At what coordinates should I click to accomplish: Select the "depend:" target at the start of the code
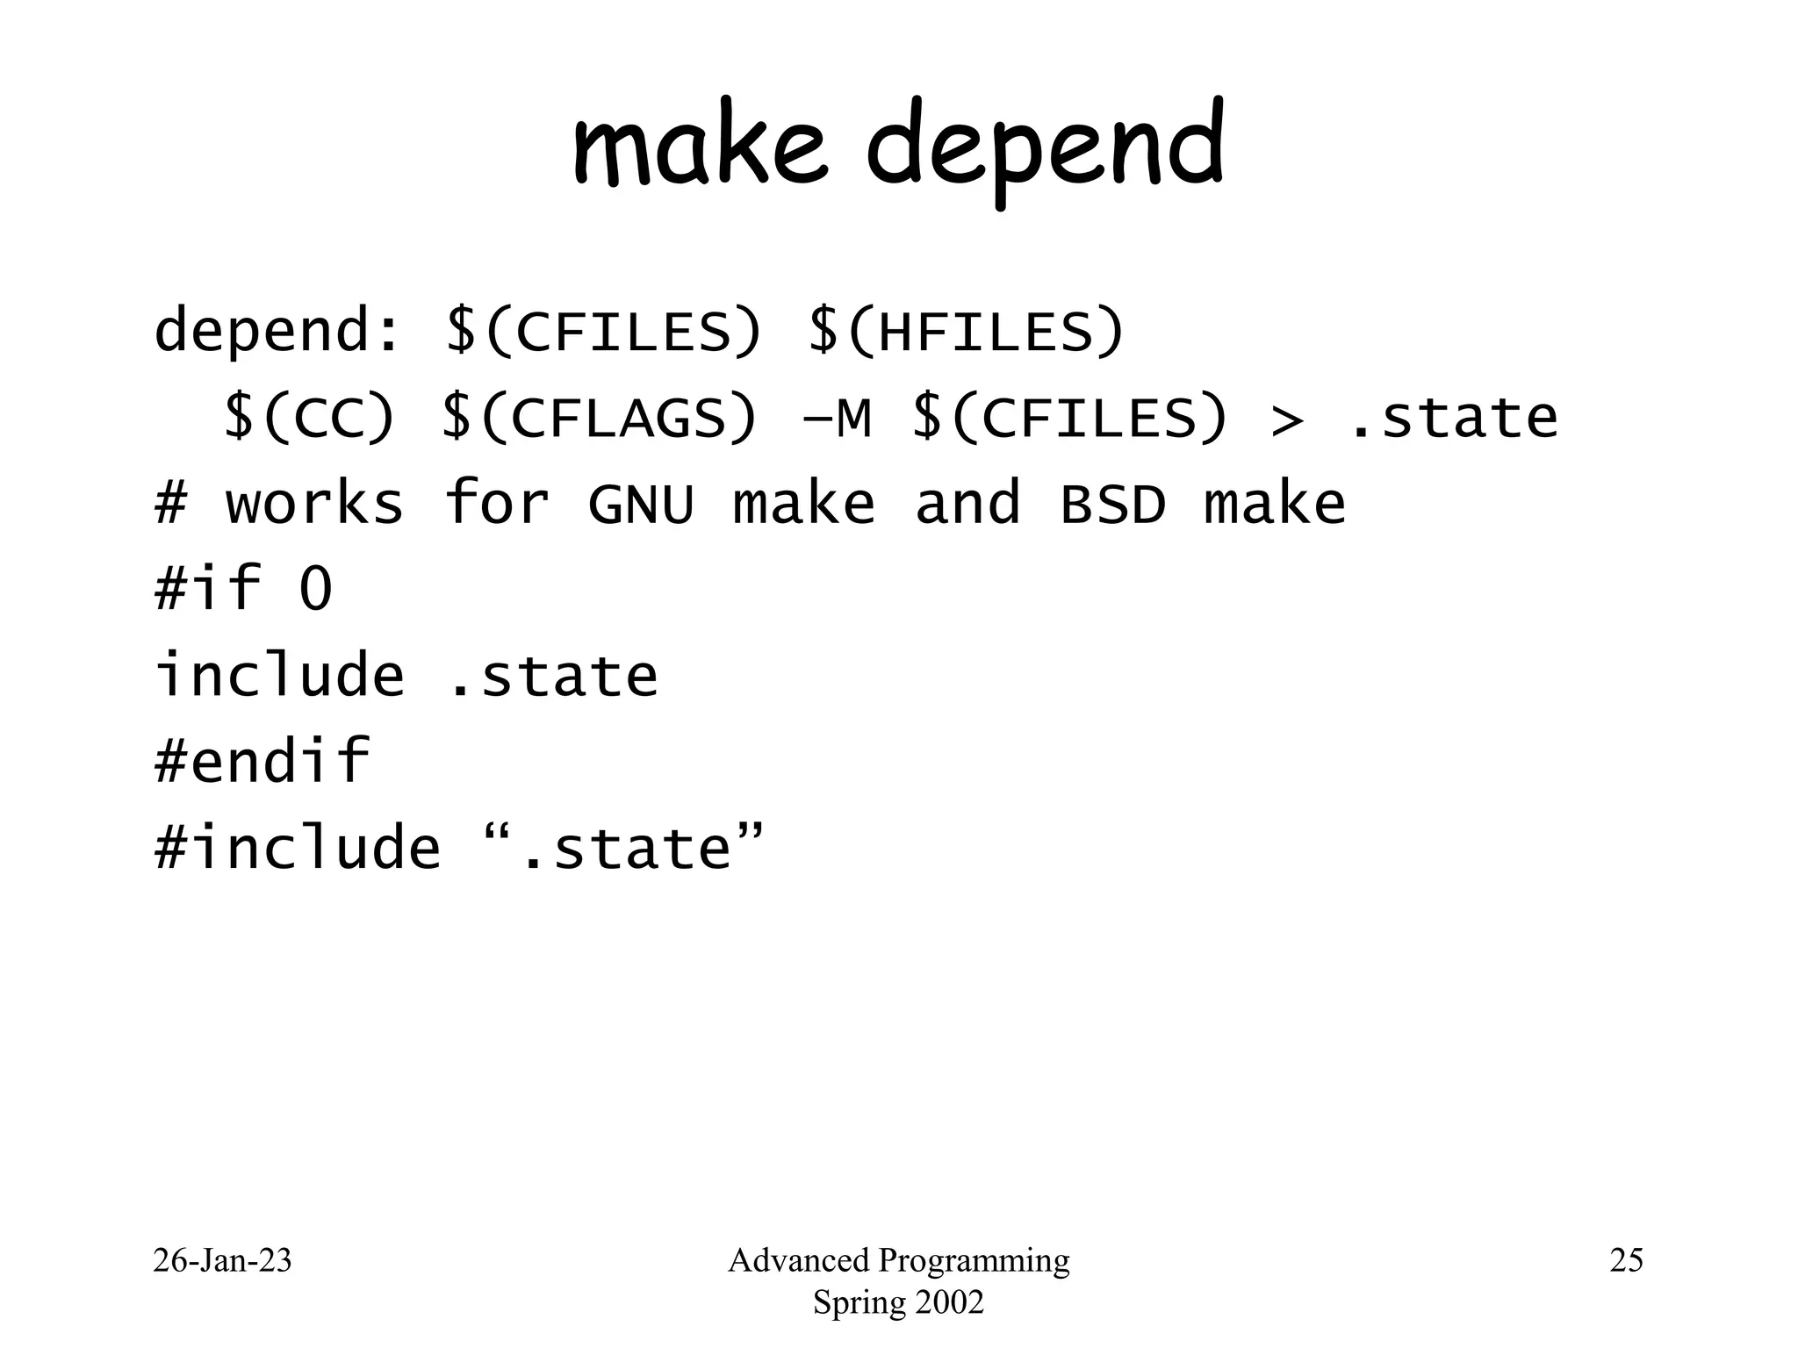click(277, 331)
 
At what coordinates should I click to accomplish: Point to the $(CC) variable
click(309, 418)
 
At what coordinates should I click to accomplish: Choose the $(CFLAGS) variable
click(599, 418)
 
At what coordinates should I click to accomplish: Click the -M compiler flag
click(837, 418)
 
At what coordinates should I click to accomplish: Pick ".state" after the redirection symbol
click(1453, 418)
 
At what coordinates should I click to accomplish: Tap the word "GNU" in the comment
click(641, 505)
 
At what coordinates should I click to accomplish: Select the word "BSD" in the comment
click(1113, 505)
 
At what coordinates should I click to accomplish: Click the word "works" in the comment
click(314, 505)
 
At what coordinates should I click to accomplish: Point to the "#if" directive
click(208, 588)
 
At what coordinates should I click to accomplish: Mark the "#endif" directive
click(262, 760)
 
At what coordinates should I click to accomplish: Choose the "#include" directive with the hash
click(297, 848)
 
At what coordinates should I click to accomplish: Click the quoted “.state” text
click(624, 846)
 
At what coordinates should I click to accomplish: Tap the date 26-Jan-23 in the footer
click(222, 1261)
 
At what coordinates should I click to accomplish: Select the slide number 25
click(1626, 1261)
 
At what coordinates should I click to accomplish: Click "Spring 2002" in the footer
click(898, 1302)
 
